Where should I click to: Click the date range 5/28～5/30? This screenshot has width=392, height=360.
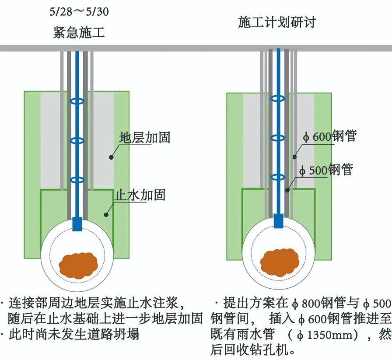[x=79, y=11]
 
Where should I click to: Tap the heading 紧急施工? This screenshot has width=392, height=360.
[x=79, y=33]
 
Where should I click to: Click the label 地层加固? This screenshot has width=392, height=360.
[x=144, y=138]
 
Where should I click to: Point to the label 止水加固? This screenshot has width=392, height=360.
[x=140, y=195]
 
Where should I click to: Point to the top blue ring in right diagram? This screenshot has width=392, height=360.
[x=278, y=98]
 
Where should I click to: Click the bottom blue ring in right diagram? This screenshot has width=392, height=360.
[x=278, y=177]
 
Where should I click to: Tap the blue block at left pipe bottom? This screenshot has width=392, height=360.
[x=77, y=224]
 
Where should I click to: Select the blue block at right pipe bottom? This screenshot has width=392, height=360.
[x=278, y=221]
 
